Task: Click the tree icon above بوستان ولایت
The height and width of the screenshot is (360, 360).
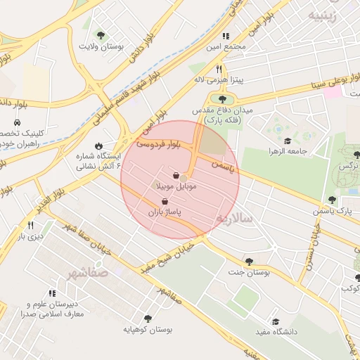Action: pyautogui.click(x=101, y=34)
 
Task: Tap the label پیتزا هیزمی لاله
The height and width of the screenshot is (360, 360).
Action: pyautogui.click(x=219, y=80)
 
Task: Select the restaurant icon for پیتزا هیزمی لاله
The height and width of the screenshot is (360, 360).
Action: pyautogui.click(x=219, y=70)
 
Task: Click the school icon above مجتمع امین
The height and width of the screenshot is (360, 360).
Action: pyautogui.click(x=225, y=36)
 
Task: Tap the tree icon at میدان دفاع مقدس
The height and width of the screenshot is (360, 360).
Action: pyautogui.click(x=224, y=99)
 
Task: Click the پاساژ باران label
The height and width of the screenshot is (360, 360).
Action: pyautogui.click(x=164, y=212)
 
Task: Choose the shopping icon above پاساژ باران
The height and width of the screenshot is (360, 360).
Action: pyautogui.click(x=165, y=201)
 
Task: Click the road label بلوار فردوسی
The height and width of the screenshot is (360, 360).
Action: pyautogui.click(x=158, y=143)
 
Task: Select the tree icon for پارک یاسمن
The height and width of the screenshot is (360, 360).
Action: pyautogui.click(x=332, y=200)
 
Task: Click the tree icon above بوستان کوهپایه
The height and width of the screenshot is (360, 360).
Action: pyautogui.click(x=148, y=318)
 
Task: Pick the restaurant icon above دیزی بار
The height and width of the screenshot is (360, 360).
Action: pyautogui.click(x=31, y=226)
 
